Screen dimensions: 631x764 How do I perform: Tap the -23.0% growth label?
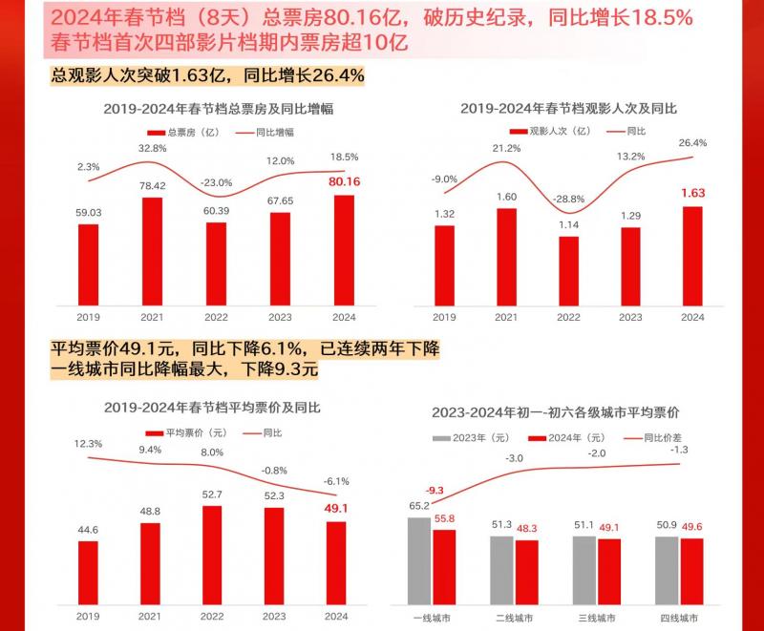pyautogui.click(x=216, y=182)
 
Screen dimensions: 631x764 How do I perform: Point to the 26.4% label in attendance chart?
pyautogui.click(x=691, y=142)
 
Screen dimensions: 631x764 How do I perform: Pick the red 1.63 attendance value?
pyautogui.click(x=692, y=193)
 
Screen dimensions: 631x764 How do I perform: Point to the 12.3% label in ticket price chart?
pyautogui.click(x=87, y=444)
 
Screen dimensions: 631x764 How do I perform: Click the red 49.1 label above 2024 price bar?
pyautogui.click(x=336, y=509)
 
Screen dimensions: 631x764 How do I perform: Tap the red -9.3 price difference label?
pyautogui.click(x=435, y=490)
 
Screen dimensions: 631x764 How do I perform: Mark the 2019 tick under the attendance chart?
pyautogui.click(x=444, y=317)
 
